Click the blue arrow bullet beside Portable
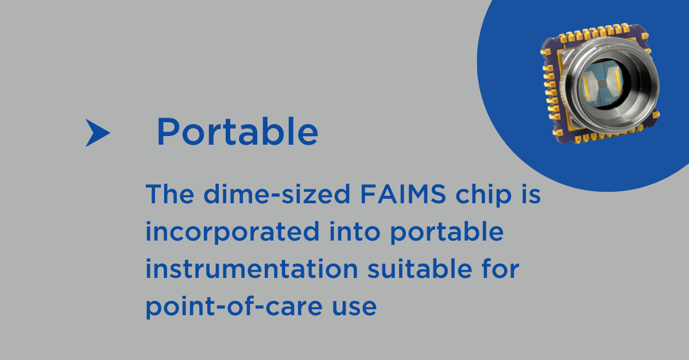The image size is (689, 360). pos(98,133)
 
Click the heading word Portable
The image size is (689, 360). pos(238,131)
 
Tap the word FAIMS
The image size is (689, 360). pos(402,194)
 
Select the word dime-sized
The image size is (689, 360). pos(277,194)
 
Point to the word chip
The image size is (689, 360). pos(483,195)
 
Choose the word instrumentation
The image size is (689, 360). pos(252,269)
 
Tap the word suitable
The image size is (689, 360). pos(420,269)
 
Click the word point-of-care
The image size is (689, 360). pos(234,307)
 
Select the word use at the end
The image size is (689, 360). pos(354,307)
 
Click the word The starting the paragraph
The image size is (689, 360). pos(170,194)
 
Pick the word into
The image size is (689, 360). pos(355,231)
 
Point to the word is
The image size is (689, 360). pos(531,194)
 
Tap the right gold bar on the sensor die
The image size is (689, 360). pos(618,80)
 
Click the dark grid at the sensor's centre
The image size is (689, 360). pos(602,84)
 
